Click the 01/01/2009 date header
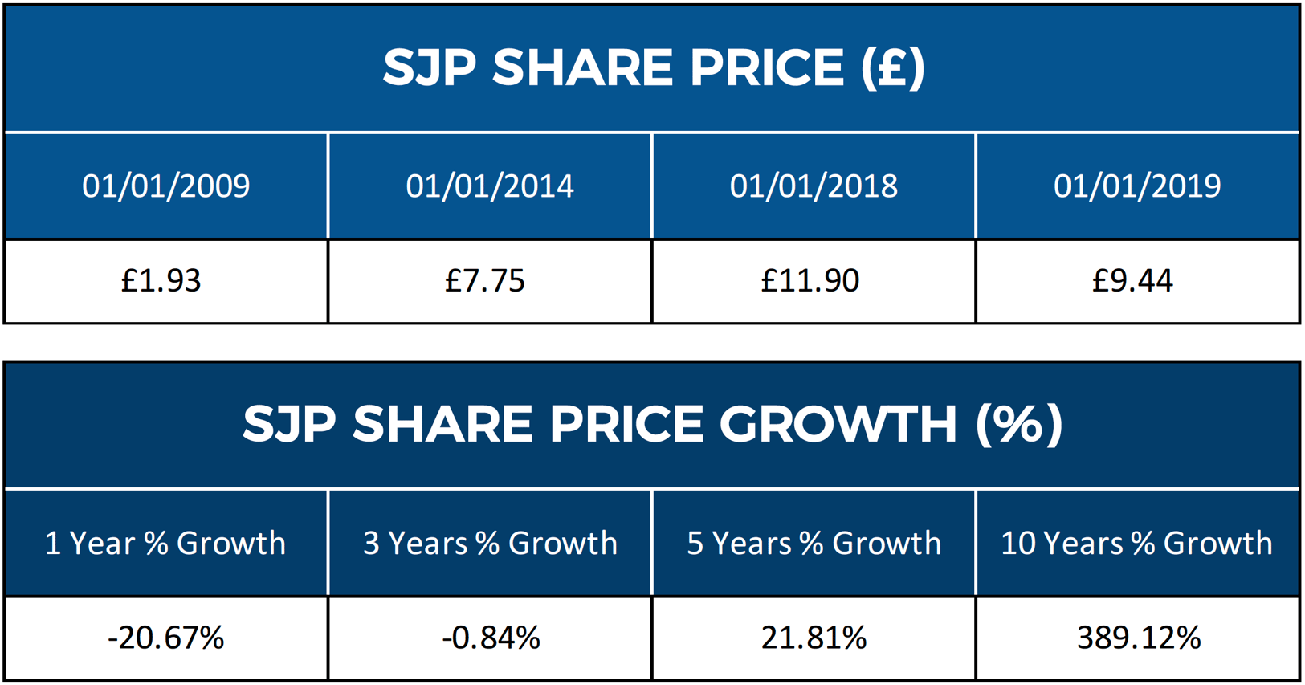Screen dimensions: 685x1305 coord(166,186)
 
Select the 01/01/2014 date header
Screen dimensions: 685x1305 coord(490,186)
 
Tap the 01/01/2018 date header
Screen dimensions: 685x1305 coord(814,186)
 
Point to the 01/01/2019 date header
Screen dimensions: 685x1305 coord(1137,186)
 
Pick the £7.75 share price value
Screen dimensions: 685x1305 coord(485,281)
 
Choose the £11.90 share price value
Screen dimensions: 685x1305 coord(810,281)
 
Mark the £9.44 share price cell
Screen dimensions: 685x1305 coord(1132,281)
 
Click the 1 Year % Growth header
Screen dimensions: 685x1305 coord(165,544)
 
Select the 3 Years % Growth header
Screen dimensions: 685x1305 coord(490,544)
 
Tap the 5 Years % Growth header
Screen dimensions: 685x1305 coord(814,544)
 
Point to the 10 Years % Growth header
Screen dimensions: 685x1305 coord(1136,544)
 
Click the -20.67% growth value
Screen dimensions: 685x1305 coord(166,638)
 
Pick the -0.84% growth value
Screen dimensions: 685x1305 coord(491,638)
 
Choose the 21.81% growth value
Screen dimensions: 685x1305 coord(814,638)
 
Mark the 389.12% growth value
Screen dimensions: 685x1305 coord(1139,638)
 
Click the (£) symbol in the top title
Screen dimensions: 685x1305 coord(892,67)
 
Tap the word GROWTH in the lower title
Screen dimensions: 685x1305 coord(838,424)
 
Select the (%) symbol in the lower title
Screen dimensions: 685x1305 coord(1019,424)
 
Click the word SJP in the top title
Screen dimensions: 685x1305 coord(430,67)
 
